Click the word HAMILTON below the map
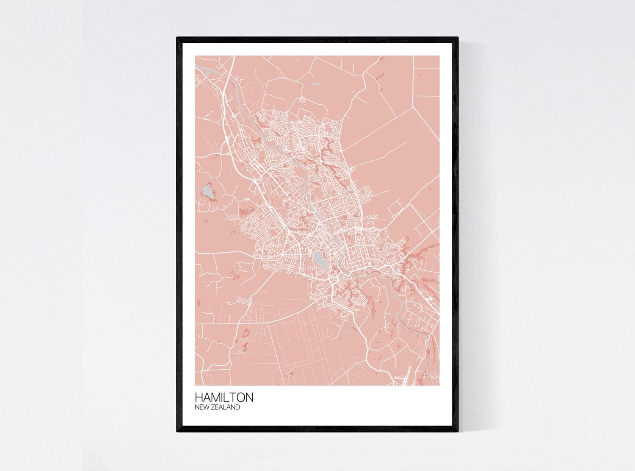(224, 397)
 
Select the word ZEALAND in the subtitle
(226, 407)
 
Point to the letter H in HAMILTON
(199, 397)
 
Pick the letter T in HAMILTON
(235, 397)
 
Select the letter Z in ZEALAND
(214, 407)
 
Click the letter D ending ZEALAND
(237, 407)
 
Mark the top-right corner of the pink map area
(439, 56)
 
